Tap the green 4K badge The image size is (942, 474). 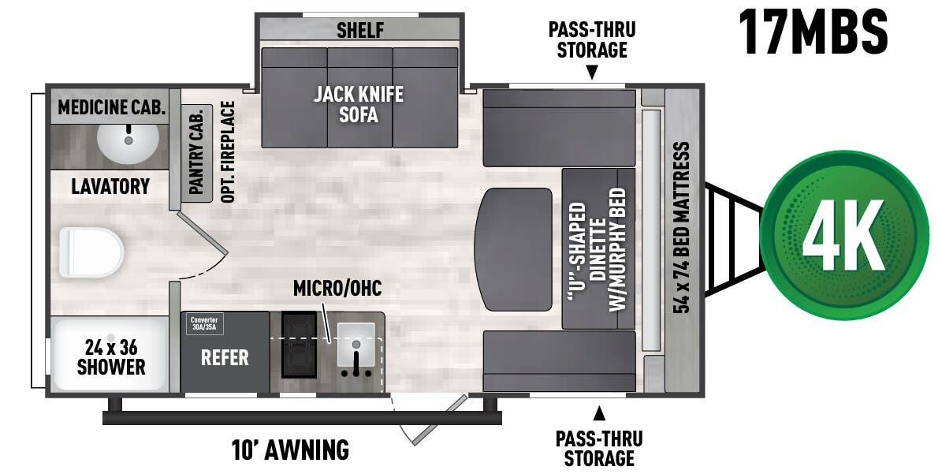[x=845, y=235]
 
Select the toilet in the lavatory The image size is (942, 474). [x=91, y=252]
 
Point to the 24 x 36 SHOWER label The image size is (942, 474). [x=110, y=356]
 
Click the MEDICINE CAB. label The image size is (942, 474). [x=111, y=108]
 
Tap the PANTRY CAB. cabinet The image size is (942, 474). [x=196, y=153]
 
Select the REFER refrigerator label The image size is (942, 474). [x=225, y=358]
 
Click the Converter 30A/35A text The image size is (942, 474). [x=203, y=323]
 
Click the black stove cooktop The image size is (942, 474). [x=299, y=344]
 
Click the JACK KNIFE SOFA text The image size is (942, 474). [x=358, y=105]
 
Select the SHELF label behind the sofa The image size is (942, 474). [x=359, y=31]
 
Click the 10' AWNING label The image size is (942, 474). [x=291, y=450]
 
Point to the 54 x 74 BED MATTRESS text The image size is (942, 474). [x=682, y=228]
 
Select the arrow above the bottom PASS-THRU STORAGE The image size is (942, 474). [x=599, y=412]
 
